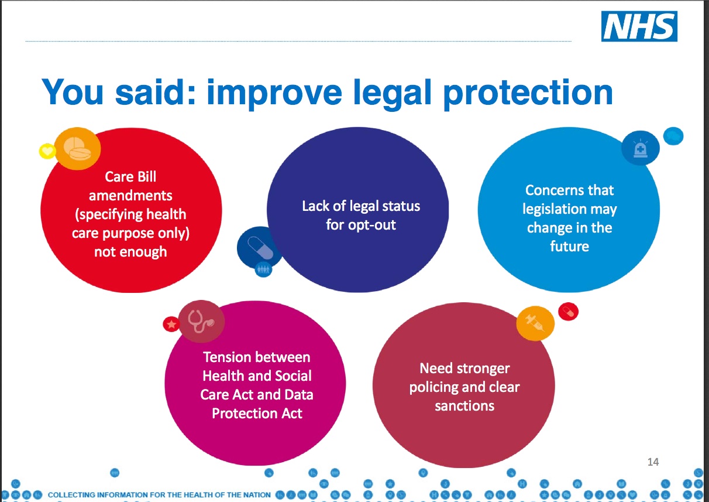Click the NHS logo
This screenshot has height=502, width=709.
[639, 26]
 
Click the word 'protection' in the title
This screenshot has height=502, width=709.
[528, 94]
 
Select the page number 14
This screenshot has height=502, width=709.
[653, 462]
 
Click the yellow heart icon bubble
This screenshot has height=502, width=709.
[47, 151]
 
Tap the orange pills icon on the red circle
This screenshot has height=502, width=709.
[77, 149]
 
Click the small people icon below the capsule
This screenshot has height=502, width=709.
[263, 269]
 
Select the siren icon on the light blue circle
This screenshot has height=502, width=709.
[641, 148]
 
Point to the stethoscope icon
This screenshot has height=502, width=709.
[202, 322]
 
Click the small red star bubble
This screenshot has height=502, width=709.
[171, 324]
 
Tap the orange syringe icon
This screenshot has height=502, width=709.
[535, 323]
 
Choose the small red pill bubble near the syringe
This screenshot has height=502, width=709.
[569, 312]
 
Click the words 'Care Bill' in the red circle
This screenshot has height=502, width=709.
[130, 176]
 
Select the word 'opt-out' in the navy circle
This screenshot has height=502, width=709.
[371, 225]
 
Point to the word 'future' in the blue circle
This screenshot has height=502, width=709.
[569, 246]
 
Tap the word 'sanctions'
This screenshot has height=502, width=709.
[464, 406]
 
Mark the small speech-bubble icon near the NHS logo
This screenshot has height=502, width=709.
[673, 136]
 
